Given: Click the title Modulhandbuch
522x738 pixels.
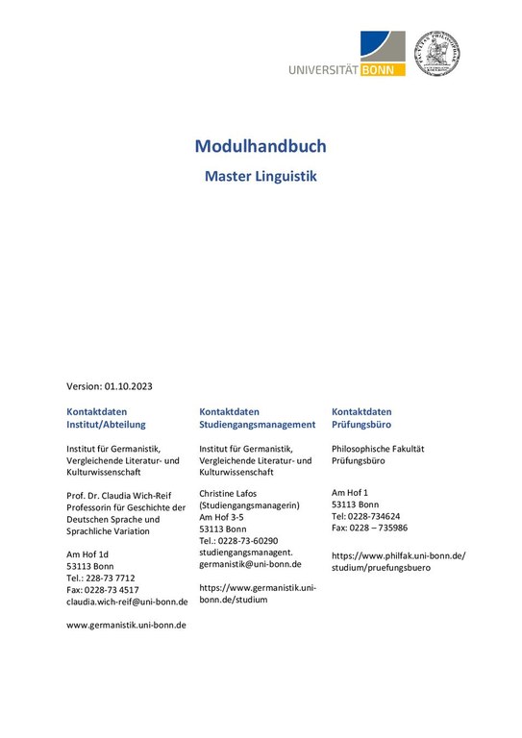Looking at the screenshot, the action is (261, 146).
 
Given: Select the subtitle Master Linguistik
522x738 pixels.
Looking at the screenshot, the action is (261, 177).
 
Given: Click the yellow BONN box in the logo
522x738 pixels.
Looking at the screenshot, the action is (383, 68).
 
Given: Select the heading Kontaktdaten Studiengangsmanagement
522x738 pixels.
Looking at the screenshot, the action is (257, 417).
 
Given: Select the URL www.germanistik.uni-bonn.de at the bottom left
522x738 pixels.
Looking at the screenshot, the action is (126, 624).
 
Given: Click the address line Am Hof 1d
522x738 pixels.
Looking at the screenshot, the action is (87, 554).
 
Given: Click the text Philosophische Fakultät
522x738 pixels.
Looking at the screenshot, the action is (378, 449).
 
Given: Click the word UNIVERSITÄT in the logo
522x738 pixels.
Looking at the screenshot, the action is (322, 68).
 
